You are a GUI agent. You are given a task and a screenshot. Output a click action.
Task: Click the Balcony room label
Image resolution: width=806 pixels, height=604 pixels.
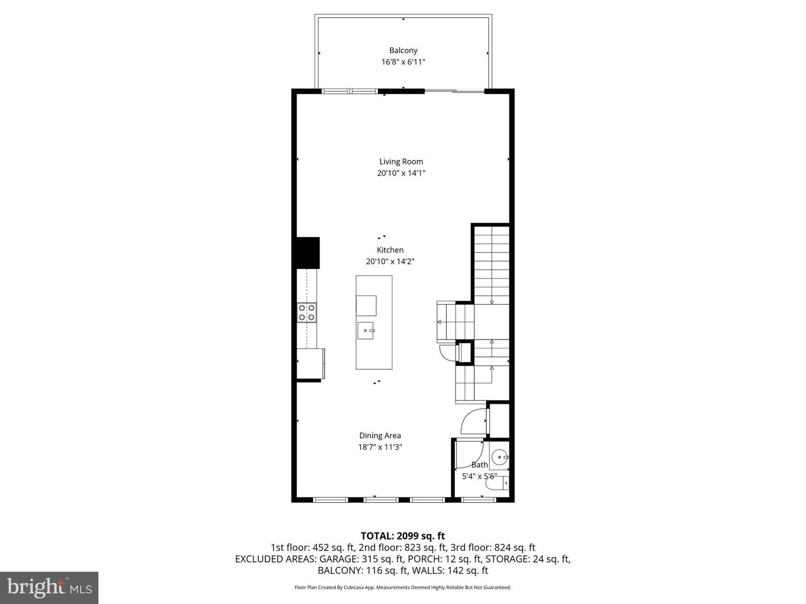(x=403, y=50)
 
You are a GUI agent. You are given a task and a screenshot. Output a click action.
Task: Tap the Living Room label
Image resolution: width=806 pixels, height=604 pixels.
(x=401, y=162)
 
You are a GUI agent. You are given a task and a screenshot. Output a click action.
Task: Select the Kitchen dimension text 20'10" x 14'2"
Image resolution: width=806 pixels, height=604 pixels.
(x=390, y=261)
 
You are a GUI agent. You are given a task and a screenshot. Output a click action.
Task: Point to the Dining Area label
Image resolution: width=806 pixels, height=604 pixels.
(x=380, y=436)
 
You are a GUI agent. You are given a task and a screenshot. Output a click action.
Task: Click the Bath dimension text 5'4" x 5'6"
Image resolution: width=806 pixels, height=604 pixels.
(x=479, y=476)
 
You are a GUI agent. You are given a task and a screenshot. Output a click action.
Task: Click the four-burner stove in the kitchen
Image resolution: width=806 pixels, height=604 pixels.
(x=307, y=312)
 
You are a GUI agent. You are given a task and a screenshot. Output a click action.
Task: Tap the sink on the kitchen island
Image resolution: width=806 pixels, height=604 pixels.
(x=367, y=331)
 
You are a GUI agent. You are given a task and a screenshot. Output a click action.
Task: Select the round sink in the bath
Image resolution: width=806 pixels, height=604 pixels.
(x=498, y=458)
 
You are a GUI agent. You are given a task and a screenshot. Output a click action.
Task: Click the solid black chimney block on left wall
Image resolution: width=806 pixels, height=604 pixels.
(x=307, y=253)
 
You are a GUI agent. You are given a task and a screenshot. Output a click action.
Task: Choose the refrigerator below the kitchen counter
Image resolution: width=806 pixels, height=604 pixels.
(x=310, y=364)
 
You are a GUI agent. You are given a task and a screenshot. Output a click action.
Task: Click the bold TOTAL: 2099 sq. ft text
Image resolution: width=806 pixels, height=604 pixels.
(x=402, y=536)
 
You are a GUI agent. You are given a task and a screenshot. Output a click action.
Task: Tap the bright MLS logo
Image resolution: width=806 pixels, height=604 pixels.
(x=49, y=587)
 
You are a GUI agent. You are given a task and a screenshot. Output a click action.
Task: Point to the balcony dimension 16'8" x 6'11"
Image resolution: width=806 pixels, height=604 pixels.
(x=403, y=62)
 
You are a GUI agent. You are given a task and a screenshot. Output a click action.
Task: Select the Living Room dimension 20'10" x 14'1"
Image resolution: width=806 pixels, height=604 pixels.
(x=401, y=173)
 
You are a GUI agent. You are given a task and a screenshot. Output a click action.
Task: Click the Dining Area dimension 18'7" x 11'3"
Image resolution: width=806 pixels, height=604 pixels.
(x=380, y=447)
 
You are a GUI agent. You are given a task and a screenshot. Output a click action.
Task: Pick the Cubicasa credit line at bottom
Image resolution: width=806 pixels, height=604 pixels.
(x=402, y=587)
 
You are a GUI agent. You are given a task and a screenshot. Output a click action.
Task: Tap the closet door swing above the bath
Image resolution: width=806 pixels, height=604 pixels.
(x=474, y=422)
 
